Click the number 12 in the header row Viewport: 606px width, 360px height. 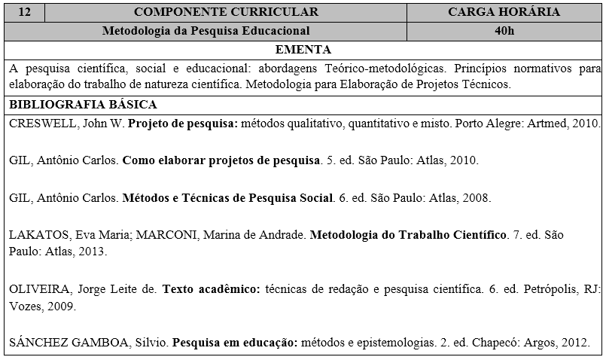click(23, 12)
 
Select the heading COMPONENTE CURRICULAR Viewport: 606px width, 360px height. click(226, 12)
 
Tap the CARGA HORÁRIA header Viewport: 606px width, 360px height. click(504, 12)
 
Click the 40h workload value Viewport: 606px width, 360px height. click(504, 31)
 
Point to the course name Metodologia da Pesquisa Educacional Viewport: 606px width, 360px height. click(206, 31)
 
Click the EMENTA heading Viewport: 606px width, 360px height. click(303, 50)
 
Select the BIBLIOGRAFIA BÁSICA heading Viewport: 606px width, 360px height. click(83, 105)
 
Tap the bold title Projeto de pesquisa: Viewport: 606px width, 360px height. click(183, 124)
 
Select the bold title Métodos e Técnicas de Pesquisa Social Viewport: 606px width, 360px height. click(227, 198)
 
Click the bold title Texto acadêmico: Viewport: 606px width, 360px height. click(211, 288)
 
